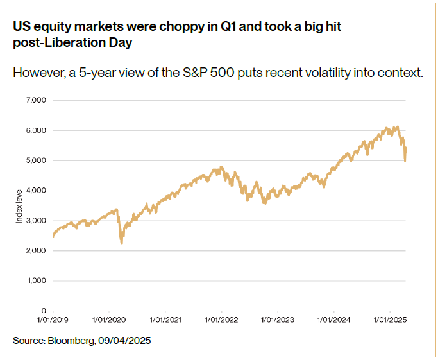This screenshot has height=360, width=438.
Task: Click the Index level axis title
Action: pos(19,205)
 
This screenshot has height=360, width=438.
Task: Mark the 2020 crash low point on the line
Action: pos(122,244)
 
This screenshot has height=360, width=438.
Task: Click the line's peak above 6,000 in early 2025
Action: pos(398,127)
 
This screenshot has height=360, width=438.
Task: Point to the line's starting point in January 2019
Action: pos(53,236)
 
